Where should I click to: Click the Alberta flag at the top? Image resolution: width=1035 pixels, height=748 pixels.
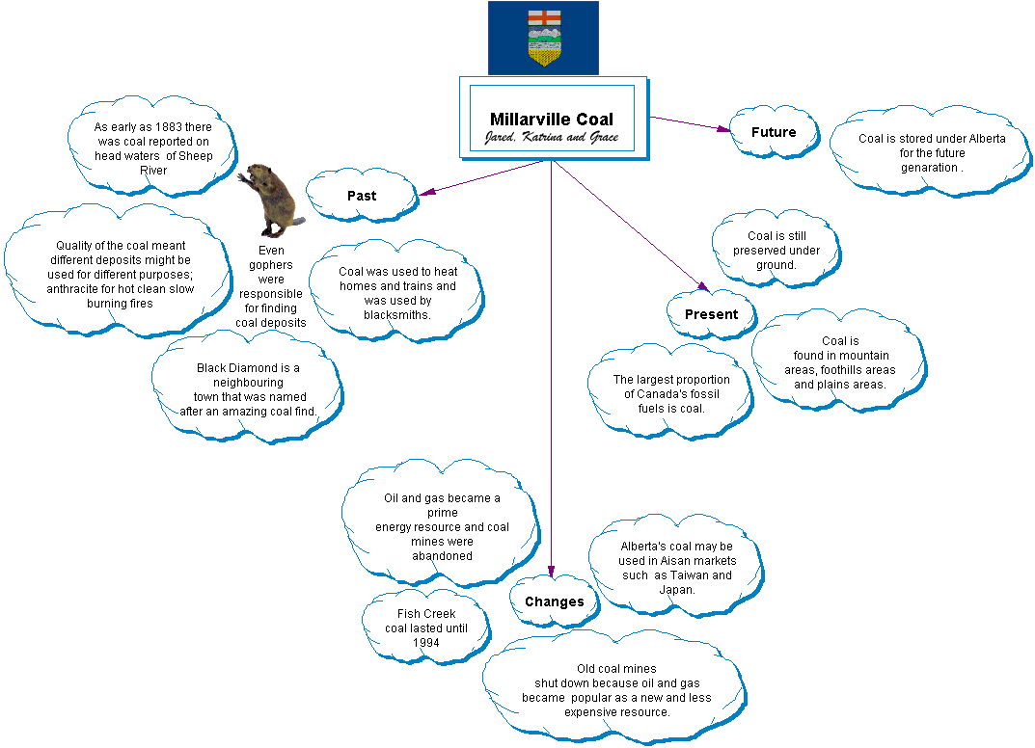(x=543, y=38)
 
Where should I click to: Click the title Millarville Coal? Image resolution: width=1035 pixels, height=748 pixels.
(x=551, y=120)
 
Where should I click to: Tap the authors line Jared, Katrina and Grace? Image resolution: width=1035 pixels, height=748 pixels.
(x=551, y=138)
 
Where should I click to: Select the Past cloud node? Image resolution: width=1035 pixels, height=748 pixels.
(x=362, y=196)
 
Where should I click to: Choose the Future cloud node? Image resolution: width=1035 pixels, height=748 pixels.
(x=774, y=132)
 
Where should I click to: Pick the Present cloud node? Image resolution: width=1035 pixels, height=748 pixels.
(x=711, y=314)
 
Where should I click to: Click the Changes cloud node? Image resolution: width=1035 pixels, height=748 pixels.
(x=554, y=601)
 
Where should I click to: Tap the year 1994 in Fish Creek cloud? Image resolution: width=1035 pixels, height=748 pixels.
(x=425, y=643)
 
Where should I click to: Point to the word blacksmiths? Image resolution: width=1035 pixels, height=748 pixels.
(x=396, y=315)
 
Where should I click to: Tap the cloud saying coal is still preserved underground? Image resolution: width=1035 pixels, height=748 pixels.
(x=776, y=251)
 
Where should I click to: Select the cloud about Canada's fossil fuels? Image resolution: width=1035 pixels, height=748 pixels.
(x=671, y=393)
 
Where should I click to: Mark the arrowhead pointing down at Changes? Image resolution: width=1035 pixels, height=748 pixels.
(x=552, y=571)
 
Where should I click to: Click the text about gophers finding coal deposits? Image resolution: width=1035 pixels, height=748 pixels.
(x=271, y=286)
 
